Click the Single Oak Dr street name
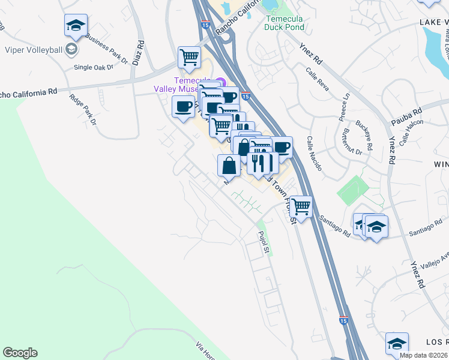93,67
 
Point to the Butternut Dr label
349,143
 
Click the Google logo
20,353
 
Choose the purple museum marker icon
220,82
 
